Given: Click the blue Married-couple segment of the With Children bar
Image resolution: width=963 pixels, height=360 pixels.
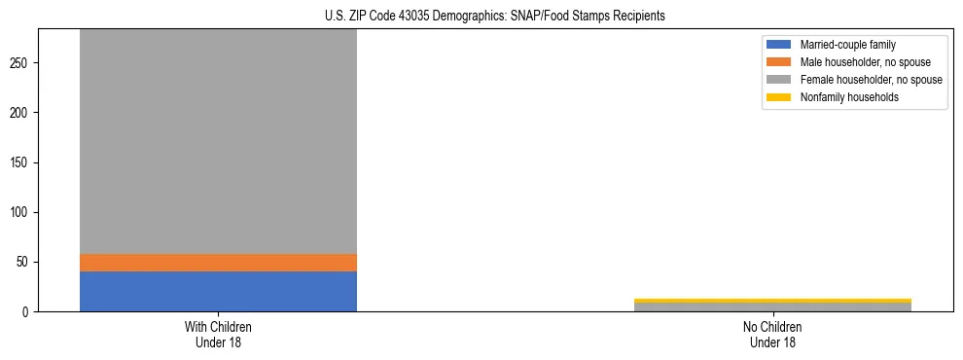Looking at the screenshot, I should click(x=218, y=291).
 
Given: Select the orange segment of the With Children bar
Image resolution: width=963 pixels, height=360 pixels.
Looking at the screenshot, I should click(x=218, y=263).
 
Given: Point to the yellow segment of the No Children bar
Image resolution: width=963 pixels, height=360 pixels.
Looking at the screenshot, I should click(x=772, y=301).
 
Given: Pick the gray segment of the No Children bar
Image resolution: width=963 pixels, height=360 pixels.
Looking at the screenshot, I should click(x=772, y=307).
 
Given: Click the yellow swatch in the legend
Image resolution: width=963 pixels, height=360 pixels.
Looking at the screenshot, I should click(x=779, y=97).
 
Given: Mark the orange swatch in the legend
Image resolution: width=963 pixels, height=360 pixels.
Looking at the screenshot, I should click(x=779, y=62).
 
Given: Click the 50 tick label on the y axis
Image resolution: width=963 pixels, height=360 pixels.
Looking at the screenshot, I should click(x=25, y=263).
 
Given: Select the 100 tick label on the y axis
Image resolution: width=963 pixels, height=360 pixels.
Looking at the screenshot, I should click(x=22, y=213).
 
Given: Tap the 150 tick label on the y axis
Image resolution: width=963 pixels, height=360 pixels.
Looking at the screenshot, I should click(x=22, y=162).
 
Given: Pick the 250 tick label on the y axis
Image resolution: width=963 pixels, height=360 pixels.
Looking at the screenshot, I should click(x=22, y=63).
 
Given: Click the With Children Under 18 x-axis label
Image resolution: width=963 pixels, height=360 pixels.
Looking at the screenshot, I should click(x=218, y=335).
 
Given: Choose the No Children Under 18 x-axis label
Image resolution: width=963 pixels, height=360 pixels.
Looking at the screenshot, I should click(x=772, y=335).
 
